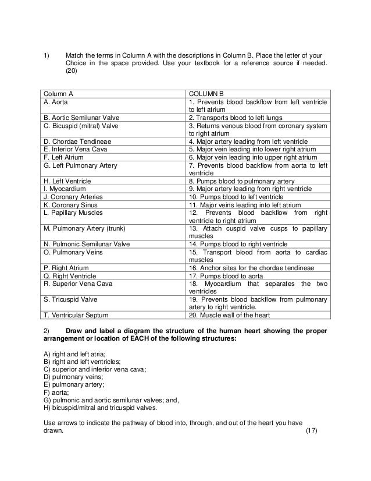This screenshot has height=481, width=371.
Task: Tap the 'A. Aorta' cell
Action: coord(55,101)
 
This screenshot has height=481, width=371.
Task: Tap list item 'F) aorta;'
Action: coord(58,393)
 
